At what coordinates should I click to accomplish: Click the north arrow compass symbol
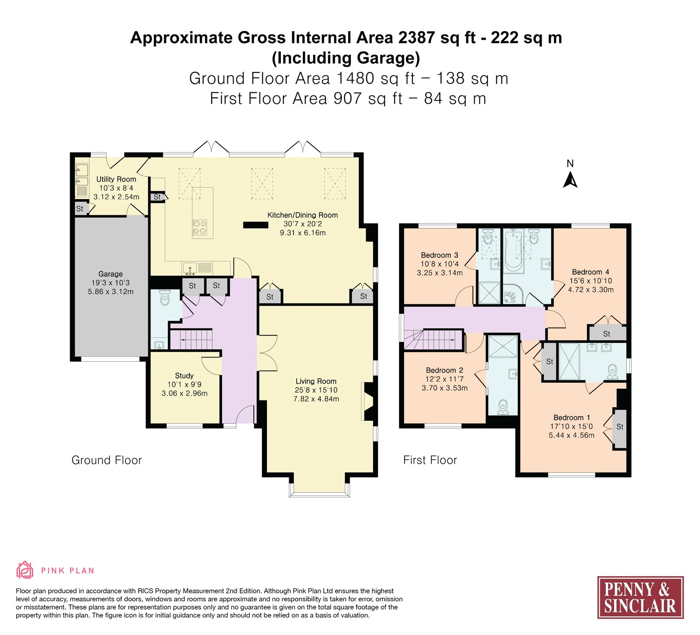[570, 180]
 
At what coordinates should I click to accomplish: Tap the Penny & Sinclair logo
[640, 597]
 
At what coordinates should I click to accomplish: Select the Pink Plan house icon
[24, 570]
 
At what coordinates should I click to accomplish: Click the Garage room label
[110, 274]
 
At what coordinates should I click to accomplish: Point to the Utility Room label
[116, 179]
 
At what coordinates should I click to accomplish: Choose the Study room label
[184, 375]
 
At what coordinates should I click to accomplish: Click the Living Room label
[316, 381]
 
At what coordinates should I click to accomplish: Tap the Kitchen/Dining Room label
[303, 215]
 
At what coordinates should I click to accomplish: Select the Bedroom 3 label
[440, 255]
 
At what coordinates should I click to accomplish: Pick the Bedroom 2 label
[444, 370]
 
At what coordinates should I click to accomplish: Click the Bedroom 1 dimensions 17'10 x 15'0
[571, 426]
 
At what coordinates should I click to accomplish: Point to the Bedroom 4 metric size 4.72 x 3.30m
[591, 289]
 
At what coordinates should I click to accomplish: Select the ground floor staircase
[191, 339]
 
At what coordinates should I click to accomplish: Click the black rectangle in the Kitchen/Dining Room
[255, 225]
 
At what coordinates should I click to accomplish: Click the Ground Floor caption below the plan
[107, 460]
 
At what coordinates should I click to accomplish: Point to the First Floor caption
[430, 460]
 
